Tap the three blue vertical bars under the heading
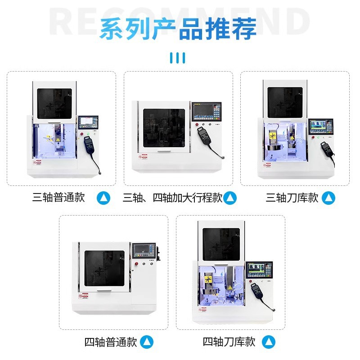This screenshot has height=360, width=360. point(178,58)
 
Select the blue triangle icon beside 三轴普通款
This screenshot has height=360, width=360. point(104,198)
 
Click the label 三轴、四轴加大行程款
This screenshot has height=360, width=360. point(173,198)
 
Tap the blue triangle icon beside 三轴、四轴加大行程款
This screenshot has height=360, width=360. point(230,198)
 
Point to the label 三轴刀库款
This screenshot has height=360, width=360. point(292,198)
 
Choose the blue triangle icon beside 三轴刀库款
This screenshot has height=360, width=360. point(329,198)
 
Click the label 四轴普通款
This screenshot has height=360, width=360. point(111,342)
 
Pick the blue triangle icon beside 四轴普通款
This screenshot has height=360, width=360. point(147,342)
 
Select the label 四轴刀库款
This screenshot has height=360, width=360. point(229,342)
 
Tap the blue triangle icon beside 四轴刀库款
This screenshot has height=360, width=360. point(269,342)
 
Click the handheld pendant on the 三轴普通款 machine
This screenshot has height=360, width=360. point(89,147)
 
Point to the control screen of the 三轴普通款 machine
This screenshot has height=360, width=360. point(88,122)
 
